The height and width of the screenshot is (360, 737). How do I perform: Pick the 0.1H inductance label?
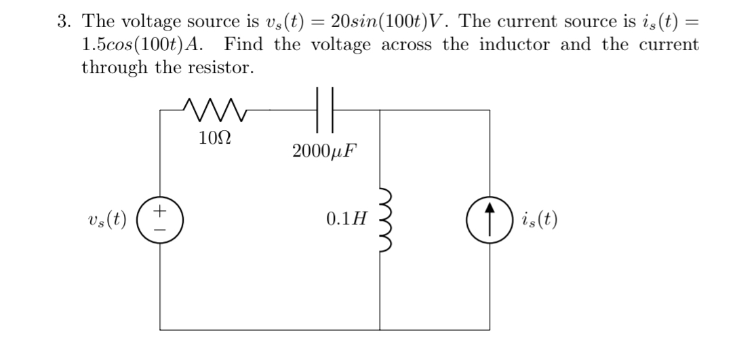[x=346, y=219]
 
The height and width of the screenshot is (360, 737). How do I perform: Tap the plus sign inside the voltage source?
[x=161, y=213]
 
